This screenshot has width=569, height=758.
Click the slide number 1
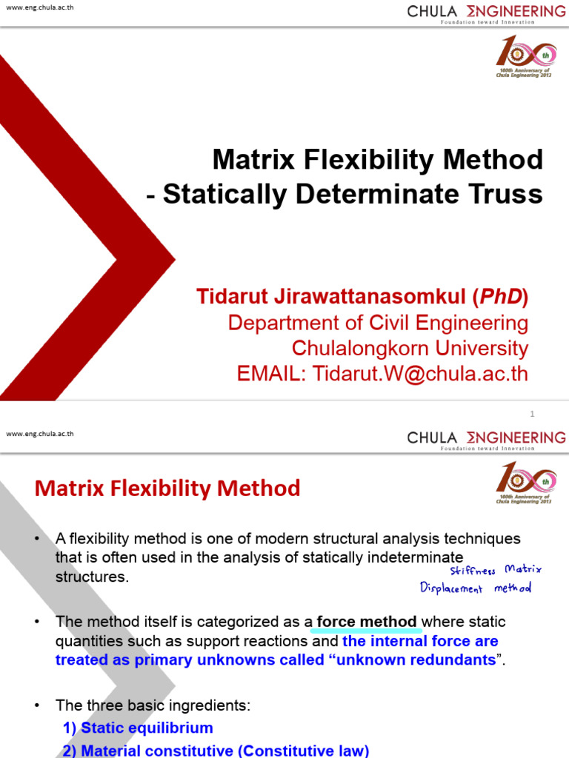pyautogui.click(x=532, y=414)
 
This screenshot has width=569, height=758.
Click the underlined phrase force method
pyautogui.click(x=367, y=622)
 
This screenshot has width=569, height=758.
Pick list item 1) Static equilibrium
pyautogui.click(x=138, y=728)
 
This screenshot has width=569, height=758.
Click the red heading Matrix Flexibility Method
pyautogui.click(x=167, y=489)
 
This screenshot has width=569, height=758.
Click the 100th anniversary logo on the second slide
pyautogui.click(x=525, y=482)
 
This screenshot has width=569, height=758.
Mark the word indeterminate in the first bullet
pyautogui.click(x=405, y=556)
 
